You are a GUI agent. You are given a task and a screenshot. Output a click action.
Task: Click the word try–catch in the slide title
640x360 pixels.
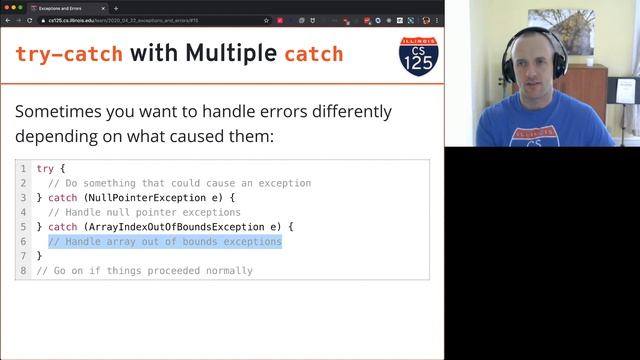tap(69, 53)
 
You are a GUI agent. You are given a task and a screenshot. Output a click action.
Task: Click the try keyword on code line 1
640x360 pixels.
tap(44, 169)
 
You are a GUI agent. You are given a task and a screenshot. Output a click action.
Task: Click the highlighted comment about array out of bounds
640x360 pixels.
tap(165, 242)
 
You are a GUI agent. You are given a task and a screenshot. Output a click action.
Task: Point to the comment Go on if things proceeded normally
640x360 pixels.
tap(144, 271)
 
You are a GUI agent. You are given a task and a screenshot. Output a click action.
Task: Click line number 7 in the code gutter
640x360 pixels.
tap(23, 256)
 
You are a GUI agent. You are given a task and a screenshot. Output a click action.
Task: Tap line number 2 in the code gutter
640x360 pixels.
tap(23, 183)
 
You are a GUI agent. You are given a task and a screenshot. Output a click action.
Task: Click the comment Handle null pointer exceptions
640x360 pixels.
tap(144, 212)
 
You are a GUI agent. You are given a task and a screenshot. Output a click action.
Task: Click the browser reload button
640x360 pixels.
tap(31, 19)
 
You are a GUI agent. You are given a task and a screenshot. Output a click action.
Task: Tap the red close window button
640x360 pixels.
tap(5, 7)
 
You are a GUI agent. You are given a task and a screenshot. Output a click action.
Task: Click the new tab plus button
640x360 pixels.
tap(116, 7)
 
